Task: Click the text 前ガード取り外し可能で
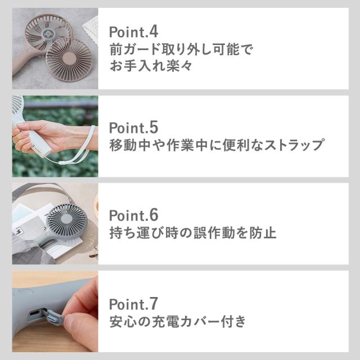coord(181,49)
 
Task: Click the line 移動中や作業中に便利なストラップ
coord(216,145)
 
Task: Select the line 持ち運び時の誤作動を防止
coord(192,233)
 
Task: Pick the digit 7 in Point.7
coord(154,304)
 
